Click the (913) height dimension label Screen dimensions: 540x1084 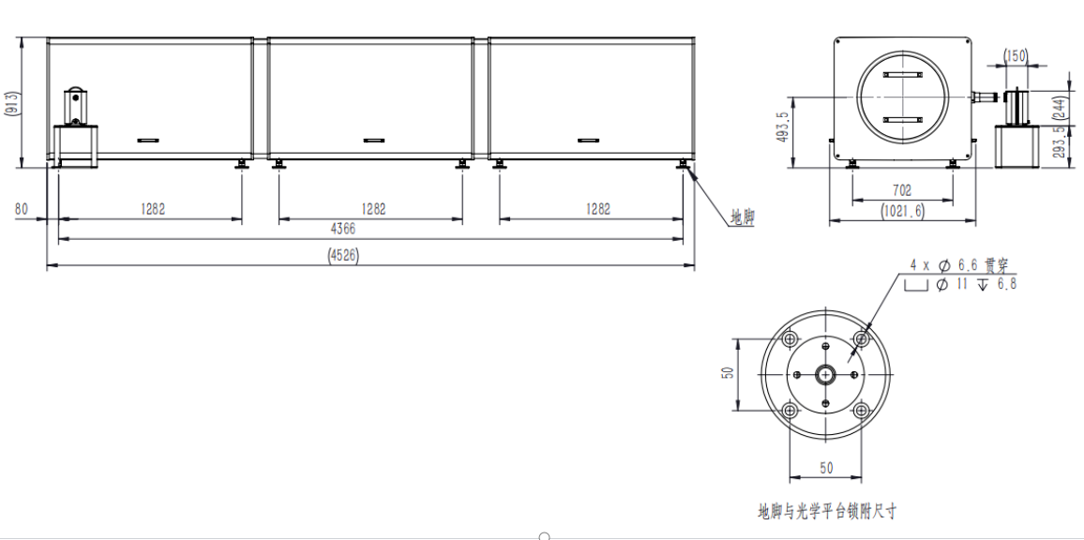tap(12, 103)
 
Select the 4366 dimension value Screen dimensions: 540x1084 tap(341, 229)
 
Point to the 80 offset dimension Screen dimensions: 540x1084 tap(21, 209)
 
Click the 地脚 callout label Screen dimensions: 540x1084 tap(742, 217)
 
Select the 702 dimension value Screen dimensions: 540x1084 tap(901, 191)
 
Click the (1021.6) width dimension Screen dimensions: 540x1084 tap(901, 212)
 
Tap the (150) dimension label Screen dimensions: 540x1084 tap(1016, 56)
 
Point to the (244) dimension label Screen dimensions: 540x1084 tap(1061, 110)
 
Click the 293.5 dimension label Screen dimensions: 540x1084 tap(1061, 145)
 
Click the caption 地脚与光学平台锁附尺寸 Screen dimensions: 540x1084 tap(827, 512)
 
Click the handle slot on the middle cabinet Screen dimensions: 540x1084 tap(373, 141)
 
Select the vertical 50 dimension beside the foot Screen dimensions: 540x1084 tap(727, 374)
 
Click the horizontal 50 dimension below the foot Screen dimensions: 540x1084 tap(826, 466)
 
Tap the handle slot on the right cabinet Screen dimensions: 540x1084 tap(588, 141)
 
